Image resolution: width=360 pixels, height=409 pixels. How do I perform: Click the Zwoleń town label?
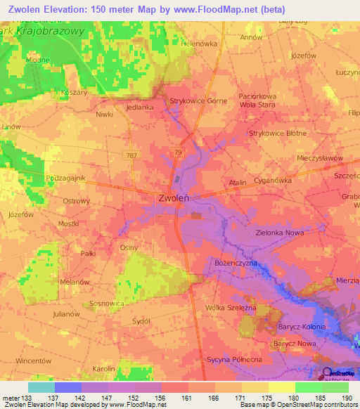(x=172, y=198)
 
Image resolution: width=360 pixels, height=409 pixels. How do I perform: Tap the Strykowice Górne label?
(x=199, y=101)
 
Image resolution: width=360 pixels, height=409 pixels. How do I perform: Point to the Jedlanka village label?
(x=140, y=108)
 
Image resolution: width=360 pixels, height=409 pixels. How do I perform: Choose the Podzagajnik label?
(x=65, y=178)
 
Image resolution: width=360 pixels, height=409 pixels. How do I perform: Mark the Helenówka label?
(x=198, y=43)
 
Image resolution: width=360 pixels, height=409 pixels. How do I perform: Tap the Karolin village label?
(x=103, y=368)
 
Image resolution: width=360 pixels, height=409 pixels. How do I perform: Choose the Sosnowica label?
(x=107, y=304)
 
